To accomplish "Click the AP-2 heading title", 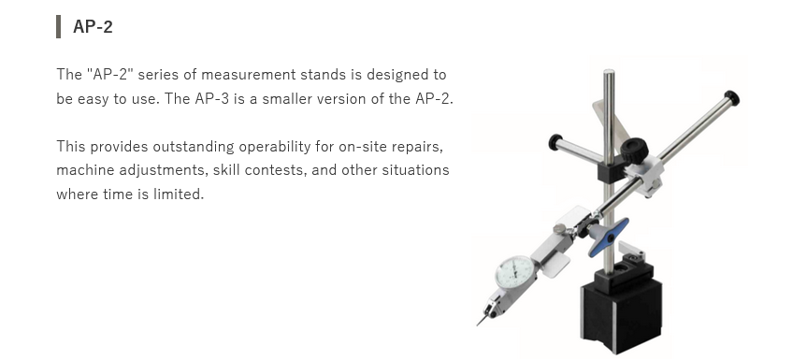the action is pyautogui.click(x=93, y=26).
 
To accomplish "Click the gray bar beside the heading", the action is pyautogui.click(x=58, y=27).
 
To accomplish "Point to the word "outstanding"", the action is pyautogui.click(x=194, y=147).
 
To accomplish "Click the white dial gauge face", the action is pyautogui.click(x=514, y=272).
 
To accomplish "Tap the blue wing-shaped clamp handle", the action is pyautogui.click(x=609, y=238).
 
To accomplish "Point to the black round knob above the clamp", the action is pyautogui.click(x=634, y=151).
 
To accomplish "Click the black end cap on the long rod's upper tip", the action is pyautogui.click(x=732, y=98).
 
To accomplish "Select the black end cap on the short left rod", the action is pyautogui.click(x=555, y=142).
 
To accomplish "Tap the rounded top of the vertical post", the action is pyautogui.click(x=609, y=73).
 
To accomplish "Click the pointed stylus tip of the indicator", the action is pyautogui.click(x=478, y=325).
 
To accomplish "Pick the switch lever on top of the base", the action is pyautogui.click(x=631, y=251).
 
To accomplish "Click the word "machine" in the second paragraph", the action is pyautogui.click(x=85, y=170).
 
